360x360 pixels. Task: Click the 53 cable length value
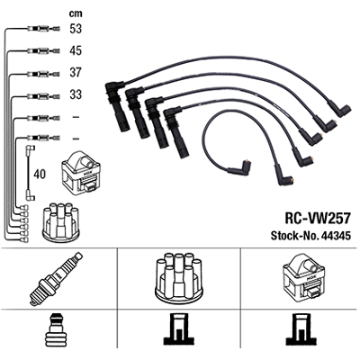[x=76, y=29]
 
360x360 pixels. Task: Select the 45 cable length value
[x=76, y=50]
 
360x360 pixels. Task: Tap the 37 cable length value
[x=76, y=73]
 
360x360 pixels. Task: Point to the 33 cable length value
[x=76, y=94]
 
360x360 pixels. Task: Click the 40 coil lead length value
[x=40, y=174]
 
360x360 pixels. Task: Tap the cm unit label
[x=76, y=13]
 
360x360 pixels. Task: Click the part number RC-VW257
[x=318, y=218]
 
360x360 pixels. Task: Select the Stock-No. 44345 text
[x=310, y=236]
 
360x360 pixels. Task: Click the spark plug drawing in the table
[x=57, y=278]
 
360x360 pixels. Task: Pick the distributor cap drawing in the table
[x=179, y=276]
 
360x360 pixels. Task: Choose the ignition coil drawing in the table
[x=303, y=276]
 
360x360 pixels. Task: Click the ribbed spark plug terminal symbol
[x=57, y=329]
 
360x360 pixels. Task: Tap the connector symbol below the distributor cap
[x=179, y=329]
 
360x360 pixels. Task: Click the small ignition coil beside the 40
[x=81, y=172]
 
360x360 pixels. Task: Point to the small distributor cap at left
[x=60, y=222]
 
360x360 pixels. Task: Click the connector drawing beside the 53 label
[x=43, y=29]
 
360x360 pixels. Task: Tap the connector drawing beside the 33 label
[x=43, y=96]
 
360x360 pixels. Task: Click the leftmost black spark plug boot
[x=118, y=105]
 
